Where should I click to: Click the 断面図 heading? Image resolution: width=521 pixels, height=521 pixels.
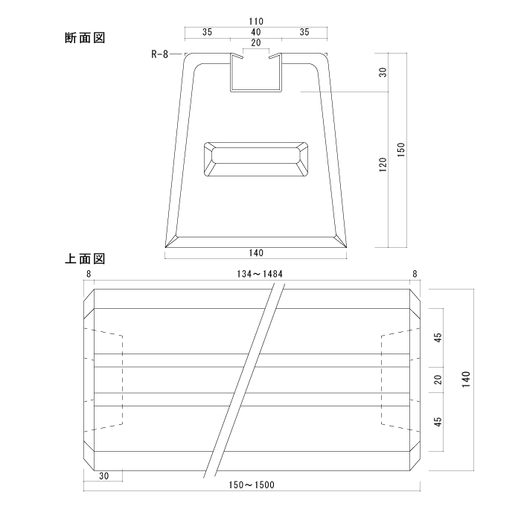[x=85, y=38]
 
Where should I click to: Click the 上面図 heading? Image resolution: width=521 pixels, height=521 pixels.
[x=85, y=258]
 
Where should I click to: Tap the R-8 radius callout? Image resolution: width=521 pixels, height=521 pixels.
[x=160, y=54]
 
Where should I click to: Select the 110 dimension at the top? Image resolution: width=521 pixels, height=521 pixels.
[x=256, y=22]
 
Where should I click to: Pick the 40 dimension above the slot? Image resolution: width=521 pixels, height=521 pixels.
[x=256, y=32]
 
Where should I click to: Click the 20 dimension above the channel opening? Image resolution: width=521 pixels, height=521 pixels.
[x=256, y=43]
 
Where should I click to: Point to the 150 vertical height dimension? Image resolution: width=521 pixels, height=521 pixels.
[x=401, y=150]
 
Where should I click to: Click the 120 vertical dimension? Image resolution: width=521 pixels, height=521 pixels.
[x=383, y=164]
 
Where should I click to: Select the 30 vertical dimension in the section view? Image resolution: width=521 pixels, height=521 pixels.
[x=383, y=72]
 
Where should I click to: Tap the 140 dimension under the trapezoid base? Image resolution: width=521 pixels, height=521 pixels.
[x=256, y=253]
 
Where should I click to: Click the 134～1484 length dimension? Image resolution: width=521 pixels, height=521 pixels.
[x=260, y=274]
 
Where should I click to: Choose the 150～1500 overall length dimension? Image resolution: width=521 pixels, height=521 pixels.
[x=252, y=485]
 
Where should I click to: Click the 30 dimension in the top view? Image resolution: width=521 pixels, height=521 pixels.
[x=104, y=476]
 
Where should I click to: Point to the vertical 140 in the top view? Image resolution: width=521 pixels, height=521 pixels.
[x=466, y=380]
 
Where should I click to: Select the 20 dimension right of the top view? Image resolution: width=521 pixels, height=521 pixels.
[x=438, y=380]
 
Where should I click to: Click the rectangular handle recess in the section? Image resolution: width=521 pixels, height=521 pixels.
[x=255, y=159]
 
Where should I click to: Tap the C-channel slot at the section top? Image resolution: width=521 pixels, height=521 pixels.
[x=256, y=72]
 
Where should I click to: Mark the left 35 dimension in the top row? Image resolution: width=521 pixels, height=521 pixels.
[x=207, y=32]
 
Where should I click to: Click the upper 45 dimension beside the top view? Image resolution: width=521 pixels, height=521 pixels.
[x=438, y=338]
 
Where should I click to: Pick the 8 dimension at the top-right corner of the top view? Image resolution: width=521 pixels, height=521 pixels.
[x=415, y=274]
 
